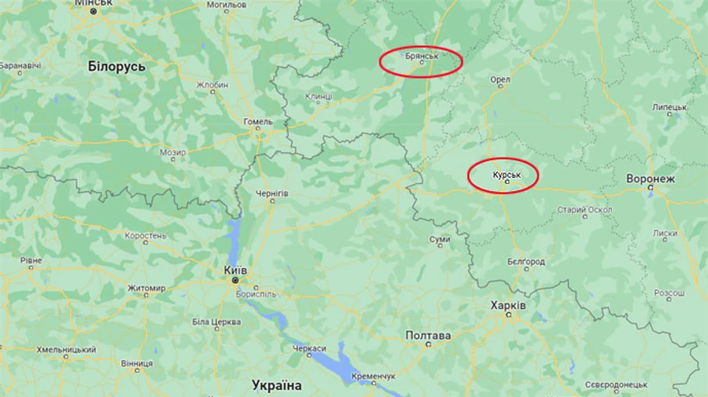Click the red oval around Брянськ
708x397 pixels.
(421, 61)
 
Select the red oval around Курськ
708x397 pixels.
(503, 175)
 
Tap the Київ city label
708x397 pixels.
(235, 270)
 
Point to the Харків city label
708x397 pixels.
(508, 305)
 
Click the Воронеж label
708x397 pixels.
(651, 179)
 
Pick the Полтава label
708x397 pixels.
(428, 336)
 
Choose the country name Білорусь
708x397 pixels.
(117, 67)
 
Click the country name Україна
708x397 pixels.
(276, 385)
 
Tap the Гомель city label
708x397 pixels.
(258, 122)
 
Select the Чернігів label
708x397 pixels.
(272, 193)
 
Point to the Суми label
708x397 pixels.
(440, 239)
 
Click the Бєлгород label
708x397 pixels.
(526, 261)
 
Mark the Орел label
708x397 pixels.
(500, 79)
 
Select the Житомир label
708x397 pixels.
(146, 288)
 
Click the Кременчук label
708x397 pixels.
(374, 377)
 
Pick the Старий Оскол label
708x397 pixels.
(584, 210)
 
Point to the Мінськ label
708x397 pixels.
(94, 4)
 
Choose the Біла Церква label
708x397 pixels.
(211, 322)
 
